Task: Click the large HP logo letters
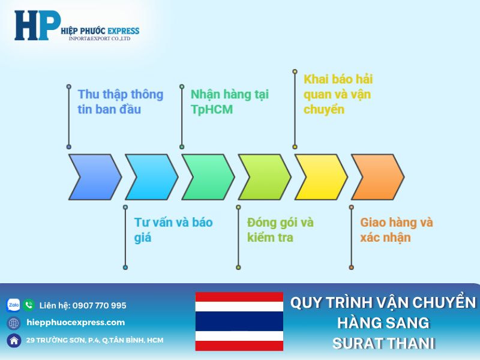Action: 37,25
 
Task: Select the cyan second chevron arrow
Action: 151,177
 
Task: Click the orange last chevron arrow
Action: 377,177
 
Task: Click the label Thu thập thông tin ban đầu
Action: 120,102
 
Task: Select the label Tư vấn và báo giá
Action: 173,230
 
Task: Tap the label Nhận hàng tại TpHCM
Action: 229,102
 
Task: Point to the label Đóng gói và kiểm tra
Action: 280,230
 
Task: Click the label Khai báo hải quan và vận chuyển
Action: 338,94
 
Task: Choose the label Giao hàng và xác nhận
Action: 396,230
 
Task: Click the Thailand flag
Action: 239,322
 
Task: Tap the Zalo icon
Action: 13,305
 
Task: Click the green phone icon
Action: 29,305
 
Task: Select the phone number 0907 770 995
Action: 99,305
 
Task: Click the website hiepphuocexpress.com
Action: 76,322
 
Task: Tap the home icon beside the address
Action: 13,340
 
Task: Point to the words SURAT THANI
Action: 383,344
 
